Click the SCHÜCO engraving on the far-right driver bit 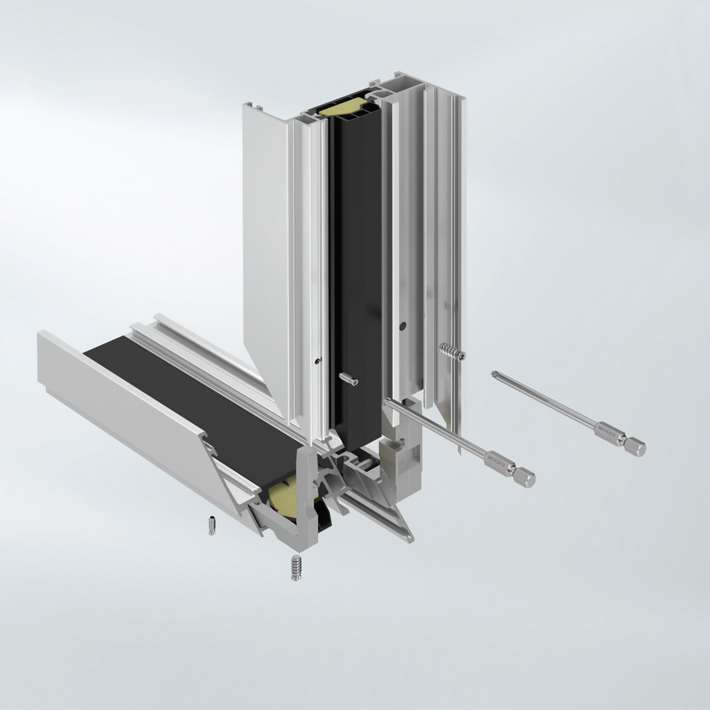click(x=607, y=431)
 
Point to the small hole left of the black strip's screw click(x=316, y=361)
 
